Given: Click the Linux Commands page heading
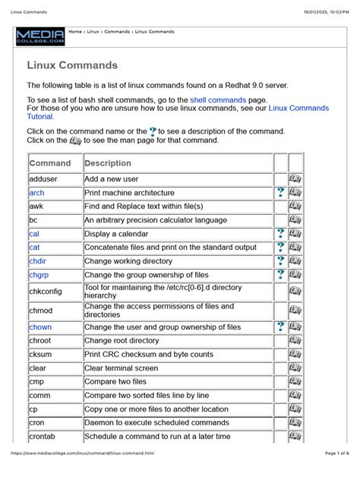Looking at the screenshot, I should click(72, 65).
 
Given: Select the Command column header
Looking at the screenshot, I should click(50, 163).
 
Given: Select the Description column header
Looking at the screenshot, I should click(108, 163).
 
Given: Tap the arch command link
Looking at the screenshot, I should click(37, 193).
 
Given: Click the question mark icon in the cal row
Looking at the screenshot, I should click(280, 234).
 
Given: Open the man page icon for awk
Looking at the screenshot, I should click(295, 207).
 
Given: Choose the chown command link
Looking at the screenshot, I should click(41, 327).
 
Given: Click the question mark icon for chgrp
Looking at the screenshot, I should click(280, 275).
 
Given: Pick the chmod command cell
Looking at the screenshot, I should click(41, 310).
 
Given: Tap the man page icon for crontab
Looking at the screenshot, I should click(295, 437).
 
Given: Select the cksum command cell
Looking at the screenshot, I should click(41, 355).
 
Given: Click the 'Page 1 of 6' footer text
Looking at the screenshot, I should click(331, 473).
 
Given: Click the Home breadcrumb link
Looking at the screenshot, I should click(75, 32).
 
